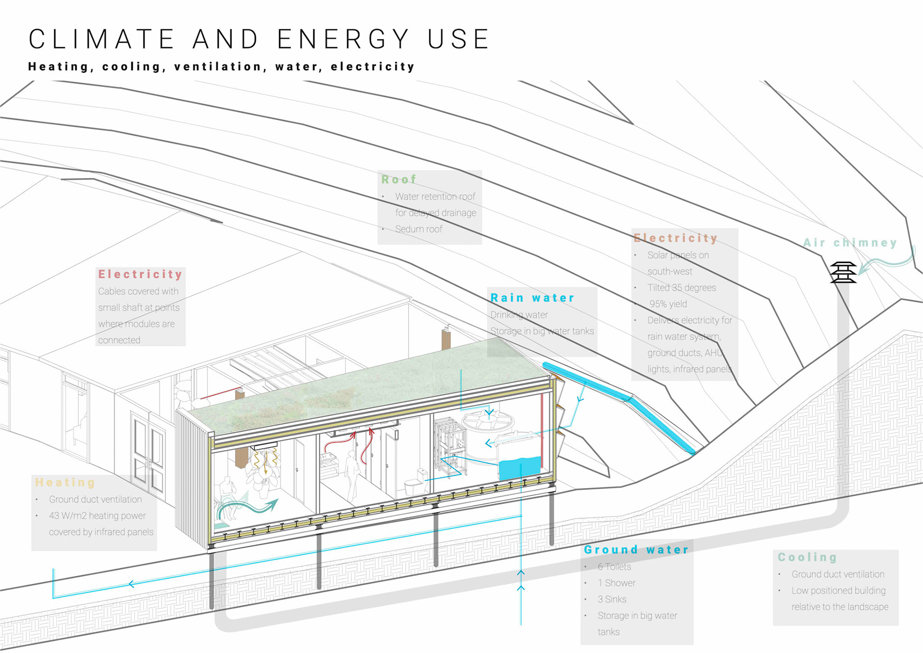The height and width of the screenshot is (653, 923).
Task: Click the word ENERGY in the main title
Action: coord(343,39)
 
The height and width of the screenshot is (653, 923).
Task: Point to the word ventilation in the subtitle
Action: coord(218,66)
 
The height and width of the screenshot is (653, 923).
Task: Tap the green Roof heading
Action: coord(399,179)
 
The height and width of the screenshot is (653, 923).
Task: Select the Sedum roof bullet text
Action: coord(418,229)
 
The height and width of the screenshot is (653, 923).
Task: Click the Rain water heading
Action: coord(532,298)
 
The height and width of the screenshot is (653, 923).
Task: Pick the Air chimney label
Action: coord(850,243)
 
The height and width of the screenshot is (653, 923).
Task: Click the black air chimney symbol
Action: coord(843,272)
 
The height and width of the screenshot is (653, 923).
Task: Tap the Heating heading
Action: coord(65,482)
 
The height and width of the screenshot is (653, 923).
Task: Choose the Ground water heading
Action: coord(636,550)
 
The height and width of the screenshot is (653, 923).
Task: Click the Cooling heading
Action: coord(807,557)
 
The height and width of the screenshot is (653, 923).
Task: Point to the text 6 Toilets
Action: coord(614,567)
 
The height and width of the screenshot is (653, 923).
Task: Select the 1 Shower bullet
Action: coord(616,583)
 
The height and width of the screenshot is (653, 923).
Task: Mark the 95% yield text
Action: coord(668,304)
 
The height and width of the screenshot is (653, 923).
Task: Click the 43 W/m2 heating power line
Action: coord(97,516)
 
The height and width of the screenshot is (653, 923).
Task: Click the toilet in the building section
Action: coord(415,482)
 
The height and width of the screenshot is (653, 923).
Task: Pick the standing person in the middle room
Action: coord(352,474)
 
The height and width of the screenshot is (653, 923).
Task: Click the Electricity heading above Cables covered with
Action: coord(140,274)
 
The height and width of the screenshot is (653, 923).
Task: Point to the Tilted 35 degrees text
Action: coord(681,288)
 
